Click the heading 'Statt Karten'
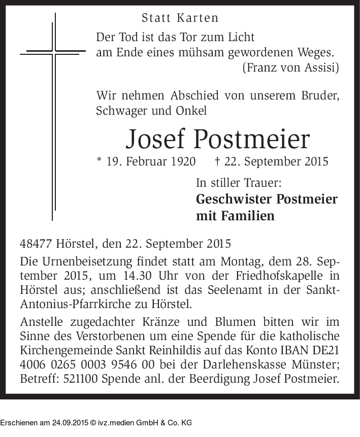[x=180, y=18]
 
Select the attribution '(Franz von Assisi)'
[x=291, y=67]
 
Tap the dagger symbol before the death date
[x=218, y=161]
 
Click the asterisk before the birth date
[x=99, y=161]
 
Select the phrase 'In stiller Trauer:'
[x=239, y=183]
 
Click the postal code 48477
[x=37, y=243]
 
